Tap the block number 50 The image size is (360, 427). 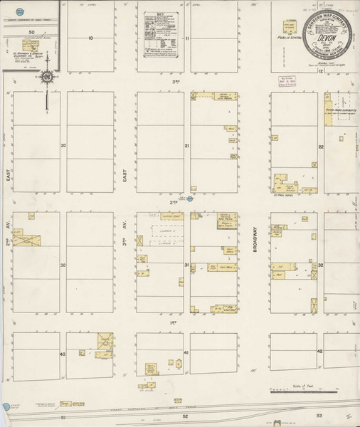[31, 33]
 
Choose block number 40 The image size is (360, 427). [63, 354]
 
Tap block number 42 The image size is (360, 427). [321, 354]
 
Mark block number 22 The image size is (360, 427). [321, 146]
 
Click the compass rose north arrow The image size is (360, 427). [46, 78]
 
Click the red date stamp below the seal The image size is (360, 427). [287, 80]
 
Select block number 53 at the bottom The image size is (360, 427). [319, 415]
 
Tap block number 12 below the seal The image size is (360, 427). [321, 70]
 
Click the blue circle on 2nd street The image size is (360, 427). [190, 199]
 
